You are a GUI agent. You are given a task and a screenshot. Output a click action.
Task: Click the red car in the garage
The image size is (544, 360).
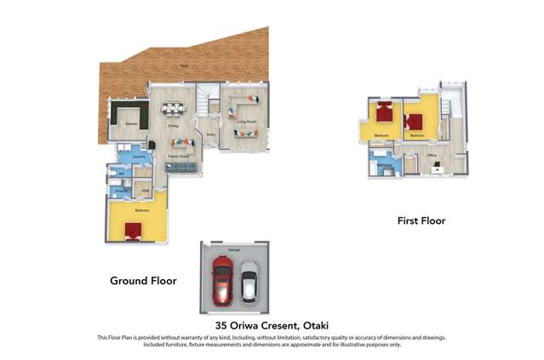223,283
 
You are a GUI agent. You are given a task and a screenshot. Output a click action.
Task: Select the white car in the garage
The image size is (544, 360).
249,283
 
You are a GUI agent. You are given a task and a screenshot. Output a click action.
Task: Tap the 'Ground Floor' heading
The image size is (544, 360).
143,280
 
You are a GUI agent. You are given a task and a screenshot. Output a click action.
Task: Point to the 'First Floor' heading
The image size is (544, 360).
421,220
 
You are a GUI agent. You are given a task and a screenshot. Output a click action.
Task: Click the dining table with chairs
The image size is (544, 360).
174,108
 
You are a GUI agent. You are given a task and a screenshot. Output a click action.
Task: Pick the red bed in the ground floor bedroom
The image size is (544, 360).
133,231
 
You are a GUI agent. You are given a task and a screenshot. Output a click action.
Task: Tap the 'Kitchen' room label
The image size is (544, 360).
131,125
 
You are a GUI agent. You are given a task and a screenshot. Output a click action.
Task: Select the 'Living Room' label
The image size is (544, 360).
246,123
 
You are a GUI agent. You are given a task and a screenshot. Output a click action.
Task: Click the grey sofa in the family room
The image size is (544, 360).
180,169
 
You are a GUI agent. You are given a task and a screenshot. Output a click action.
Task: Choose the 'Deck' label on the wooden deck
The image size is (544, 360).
183,66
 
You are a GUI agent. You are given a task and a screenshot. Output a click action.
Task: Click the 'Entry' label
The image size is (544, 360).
210,134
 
